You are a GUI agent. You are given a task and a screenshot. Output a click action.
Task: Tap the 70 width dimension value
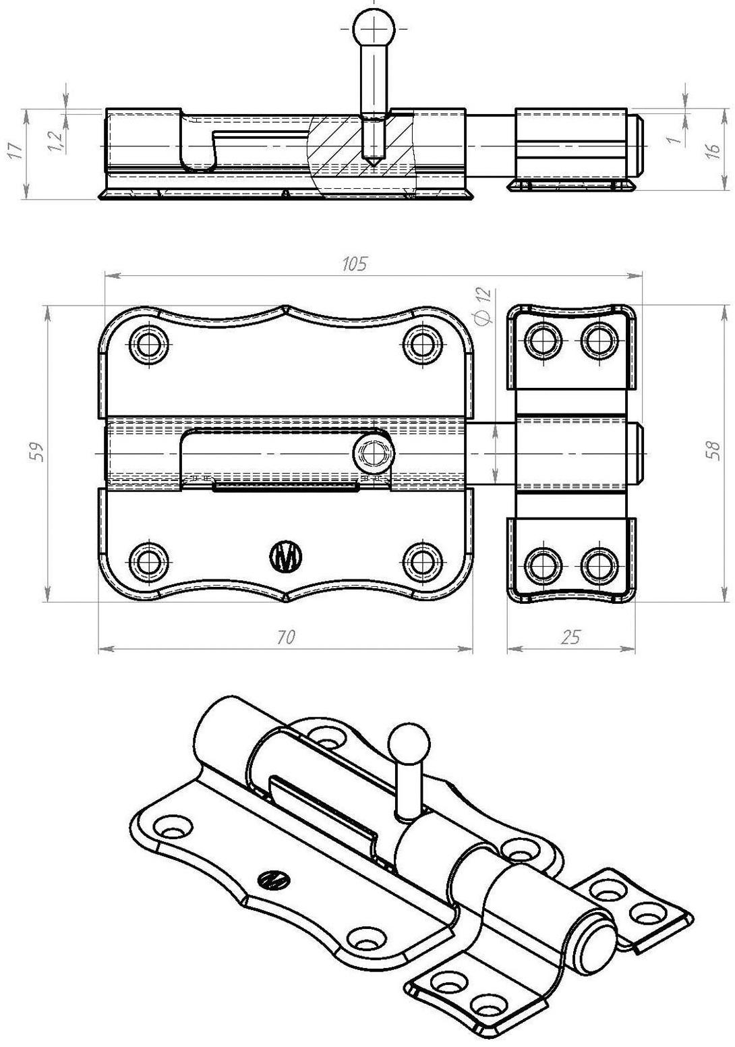tap(286, 637)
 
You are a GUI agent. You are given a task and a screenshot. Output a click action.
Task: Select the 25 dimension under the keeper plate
tap(570, 637)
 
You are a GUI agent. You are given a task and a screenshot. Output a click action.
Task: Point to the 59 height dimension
tap(38, 451)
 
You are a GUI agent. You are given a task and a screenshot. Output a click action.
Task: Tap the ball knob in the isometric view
tap(409, 743)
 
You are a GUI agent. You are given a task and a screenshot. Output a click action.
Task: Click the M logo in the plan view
tap(287, 557)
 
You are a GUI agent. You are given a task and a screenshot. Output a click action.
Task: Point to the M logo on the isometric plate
tap(274, 879)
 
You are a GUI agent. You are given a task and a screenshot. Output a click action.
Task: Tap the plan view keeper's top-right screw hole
tap(599, 339)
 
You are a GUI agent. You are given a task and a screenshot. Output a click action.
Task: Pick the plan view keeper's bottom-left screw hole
tap(543, 565)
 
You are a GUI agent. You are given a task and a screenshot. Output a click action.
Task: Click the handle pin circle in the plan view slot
tap(373, 452)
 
